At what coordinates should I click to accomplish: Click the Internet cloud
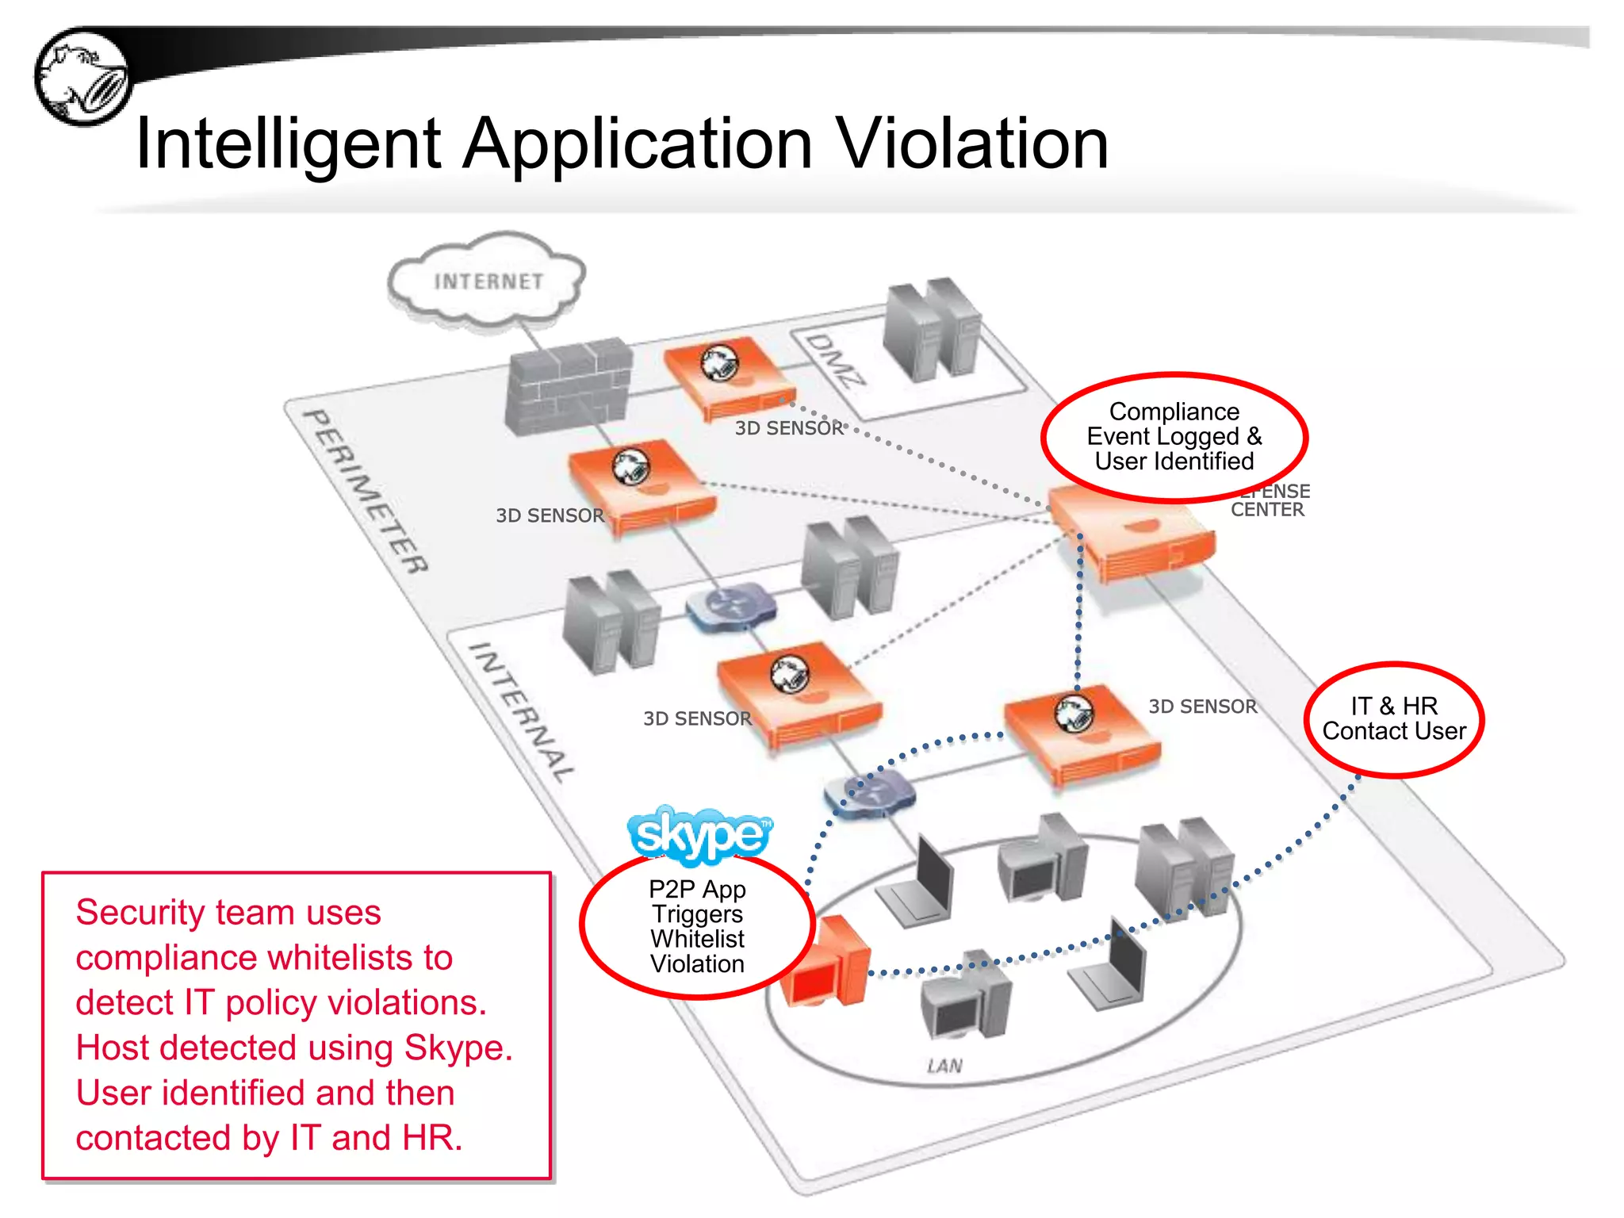coord(487,282)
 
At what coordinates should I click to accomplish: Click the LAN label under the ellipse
coord(944,1066)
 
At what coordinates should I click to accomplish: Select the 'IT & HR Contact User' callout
coord(1393,718)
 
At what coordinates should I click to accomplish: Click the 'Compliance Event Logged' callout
coord(1174,436)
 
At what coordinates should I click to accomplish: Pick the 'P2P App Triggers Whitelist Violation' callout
coord(697,925)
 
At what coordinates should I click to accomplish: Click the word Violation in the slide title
coord(973,144)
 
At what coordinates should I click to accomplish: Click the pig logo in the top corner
coord(82,77)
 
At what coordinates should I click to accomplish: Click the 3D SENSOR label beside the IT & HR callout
coord(1202,707)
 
